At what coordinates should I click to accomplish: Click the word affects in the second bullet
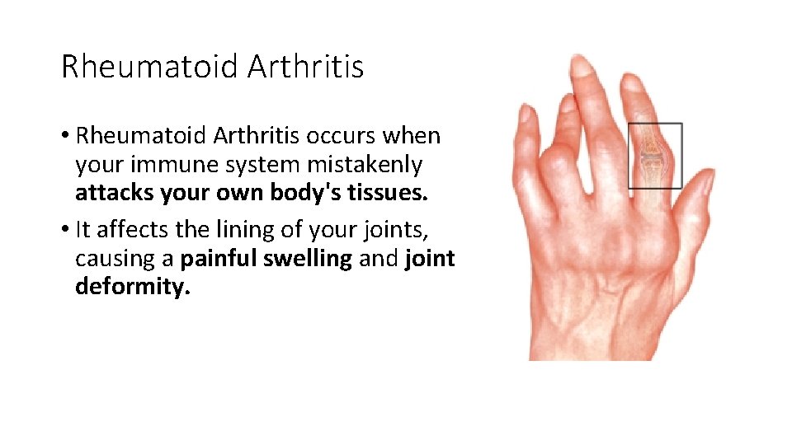125,229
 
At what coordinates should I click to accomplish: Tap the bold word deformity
132,287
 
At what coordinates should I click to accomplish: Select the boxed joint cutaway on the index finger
655,155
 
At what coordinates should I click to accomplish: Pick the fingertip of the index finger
633,82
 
